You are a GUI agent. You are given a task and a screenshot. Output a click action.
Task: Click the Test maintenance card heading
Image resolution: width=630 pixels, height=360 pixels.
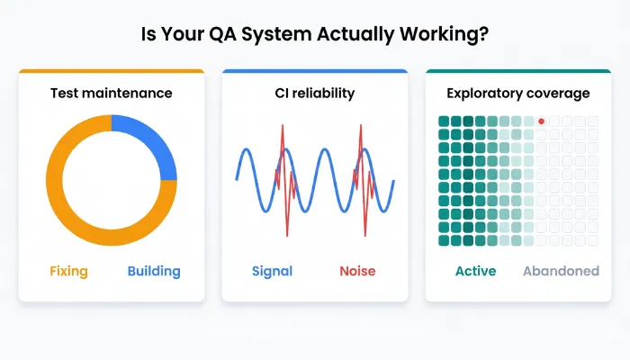coord(111,93)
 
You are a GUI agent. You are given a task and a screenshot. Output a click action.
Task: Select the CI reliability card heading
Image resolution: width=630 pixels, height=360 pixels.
coord(314,93)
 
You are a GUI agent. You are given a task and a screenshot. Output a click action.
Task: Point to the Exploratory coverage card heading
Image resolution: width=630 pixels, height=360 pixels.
coord(518,93)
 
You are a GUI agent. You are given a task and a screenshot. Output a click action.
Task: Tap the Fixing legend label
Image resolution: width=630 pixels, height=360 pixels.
coord(68,271)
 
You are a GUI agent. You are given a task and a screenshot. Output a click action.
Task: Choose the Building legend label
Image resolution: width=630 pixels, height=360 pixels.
coord(154,271)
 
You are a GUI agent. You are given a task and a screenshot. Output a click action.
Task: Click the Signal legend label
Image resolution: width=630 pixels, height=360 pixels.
coord(272,271)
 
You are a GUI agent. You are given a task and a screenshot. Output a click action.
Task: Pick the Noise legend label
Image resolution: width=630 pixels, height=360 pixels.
coord(357,271)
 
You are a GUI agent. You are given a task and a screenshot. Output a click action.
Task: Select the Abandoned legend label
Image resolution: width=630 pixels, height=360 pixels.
coord(561,271)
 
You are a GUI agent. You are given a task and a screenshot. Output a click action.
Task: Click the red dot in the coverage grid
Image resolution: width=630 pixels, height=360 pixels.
coord(541,121)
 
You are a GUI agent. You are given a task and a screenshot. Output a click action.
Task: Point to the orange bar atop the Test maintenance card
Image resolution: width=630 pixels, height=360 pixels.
coord(111,71)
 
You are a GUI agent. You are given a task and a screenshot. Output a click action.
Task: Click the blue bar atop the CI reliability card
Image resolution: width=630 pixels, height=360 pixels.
coord(314,71)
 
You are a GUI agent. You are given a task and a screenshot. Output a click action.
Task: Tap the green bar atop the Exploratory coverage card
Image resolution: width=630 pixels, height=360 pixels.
coord(518,71)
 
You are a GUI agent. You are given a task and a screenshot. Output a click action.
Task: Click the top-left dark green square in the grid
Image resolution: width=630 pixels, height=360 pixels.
coord(444,121)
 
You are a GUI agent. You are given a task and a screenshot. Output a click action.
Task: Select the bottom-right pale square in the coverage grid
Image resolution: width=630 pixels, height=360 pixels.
coord(592,240)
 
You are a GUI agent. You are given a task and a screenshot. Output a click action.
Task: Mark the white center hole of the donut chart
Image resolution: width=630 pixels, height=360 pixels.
coord(111,180)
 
